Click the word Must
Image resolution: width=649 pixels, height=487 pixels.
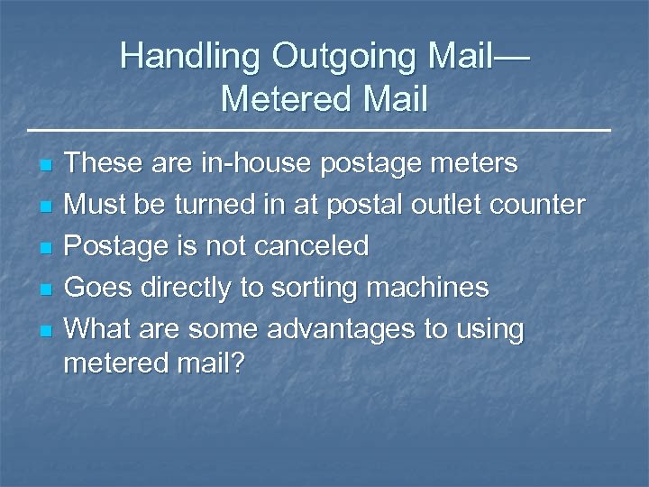pyautogui.click(x=96, y=205)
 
